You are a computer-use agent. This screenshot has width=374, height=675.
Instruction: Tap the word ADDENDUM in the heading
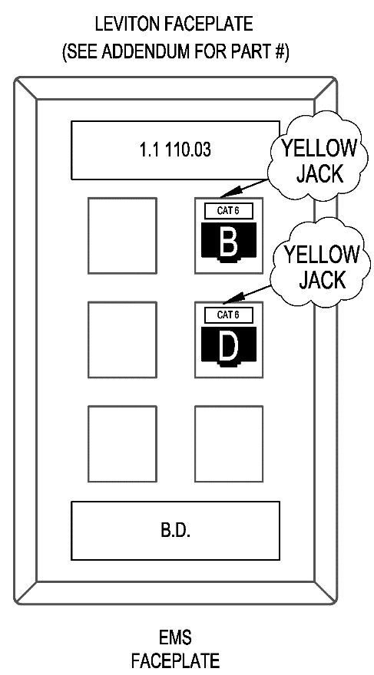click(x=146, y=52)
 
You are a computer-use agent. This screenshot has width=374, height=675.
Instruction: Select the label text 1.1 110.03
click(x=175, y=150)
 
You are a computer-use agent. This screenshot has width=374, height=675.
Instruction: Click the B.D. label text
click(x=176, y=530)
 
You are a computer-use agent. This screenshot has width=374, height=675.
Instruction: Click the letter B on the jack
click(x=228, y=243)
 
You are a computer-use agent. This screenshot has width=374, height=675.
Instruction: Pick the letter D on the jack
click(x=228, y=347)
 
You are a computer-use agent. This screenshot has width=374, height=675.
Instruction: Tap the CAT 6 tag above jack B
click(x=228, y=211)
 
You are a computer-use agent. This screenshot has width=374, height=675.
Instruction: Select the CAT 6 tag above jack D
click(x=228, y=314)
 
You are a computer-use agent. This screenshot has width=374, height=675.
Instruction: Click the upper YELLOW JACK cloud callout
click(x=318, y=156)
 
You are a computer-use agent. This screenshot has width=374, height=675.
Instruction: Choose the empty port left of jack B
click(x=122, y=235)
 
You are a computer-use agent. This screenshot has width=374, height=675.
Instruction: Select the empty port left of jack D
click(x=122, y=340)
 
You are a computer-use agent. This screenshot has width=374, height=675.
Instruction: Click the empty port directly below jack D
click(x=229, y=443)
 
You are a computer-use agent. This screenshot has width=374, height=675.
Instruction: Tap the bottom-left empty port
click(x=122, y=443)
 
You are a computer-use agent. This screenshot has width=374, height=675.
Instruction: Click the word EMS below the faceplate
click(x=175, y=637)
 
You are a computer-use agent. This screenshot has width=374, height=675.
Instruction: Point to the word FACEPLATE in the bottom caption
click(x=175, y=660)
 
